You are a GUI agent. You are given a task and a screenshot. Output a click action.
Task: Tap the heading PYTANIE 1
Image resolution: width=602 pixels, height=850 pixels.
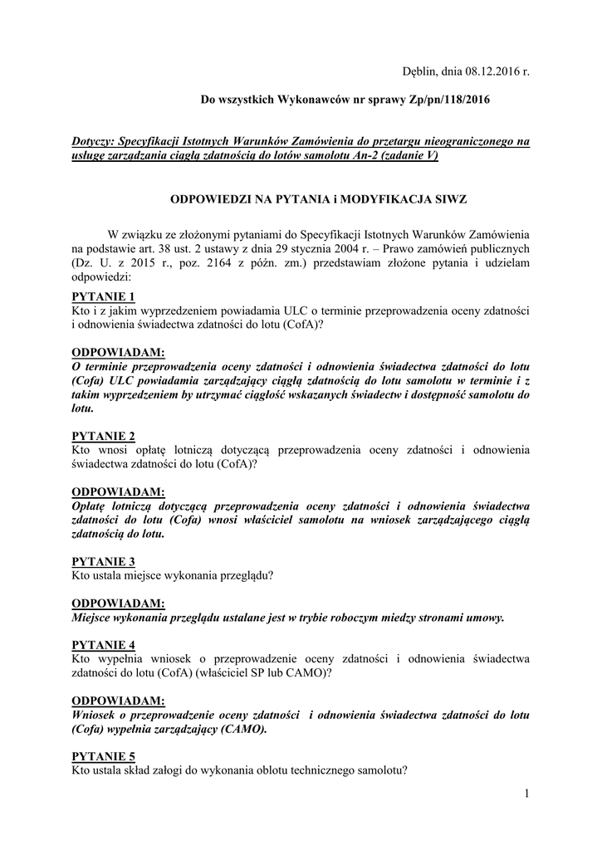[x=104, y=296]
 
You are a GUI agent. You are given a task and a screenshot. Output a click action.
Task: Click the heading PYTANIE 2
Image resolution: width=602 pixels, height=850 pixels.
[x=104, y=436]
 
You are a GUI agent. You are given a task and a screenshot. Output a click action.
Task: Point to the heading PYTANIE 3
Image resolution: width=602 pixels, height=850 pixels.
[x=104, y=561]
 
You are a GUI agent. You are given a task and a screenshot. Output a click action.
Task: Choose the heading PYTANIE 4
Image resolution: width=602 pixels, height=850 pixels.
[x=104, y=645]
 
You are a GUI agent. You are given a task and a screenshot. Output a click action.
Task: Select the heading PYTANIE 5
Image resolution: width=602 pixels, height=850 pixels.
[x=104, y=756]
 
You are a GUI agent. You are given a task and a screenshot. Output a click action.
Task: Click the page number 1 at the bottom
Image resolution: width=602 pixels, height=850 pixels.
[x=526, y=794]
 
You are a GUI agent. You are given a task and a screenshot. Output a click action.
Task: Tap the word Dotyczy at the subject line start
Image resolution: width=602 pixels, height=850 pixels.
[x=94, y=142]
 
